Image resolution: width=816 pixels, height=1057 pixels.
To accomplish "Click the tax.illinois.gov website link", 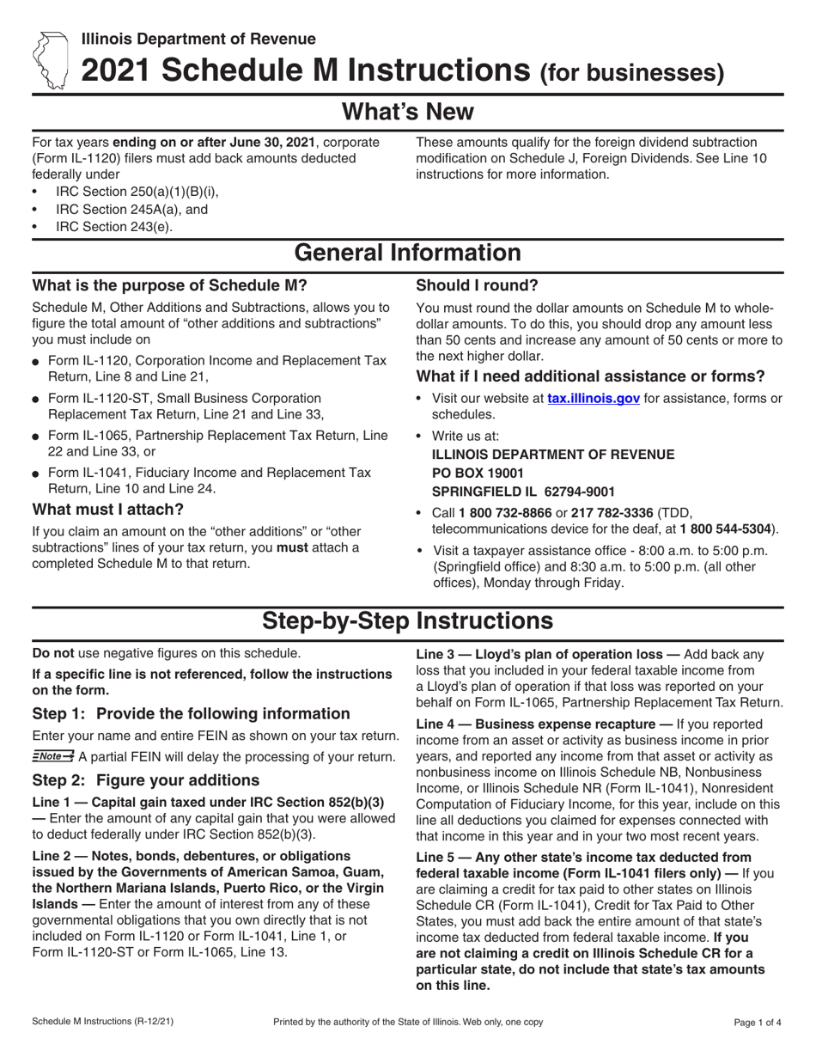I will (x=594, y=399).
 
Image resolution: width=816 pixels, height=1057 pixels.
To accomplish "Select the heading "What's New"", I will (x=408, y=112).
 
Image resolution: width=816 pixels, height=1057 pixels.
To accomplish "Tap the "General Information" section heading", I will (x=408, y=253).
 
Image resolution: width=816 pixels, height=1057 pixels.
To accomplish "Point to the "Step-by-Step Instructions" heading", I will (x=408, y=620).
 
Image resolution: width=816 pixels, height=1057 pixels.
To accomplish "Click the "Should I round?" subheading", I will (x=478, y=285).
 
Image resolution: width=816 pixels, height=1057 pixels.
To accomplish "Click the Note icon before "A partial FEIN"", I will (x=53, y=756).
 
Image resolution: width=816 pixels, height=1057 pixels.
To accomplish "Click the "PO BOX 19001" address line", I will (x=477, y=473).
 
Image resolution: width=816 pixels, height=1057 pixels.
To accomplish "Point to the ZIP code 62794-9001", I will (x=574, y=492).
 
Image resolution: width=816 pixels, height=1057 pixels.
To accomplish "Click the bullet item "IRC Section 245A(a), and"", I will (x=131, y=209).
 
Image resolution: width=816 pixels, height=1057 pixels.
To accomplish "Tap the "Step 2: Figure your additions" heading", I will (x=145, y=780).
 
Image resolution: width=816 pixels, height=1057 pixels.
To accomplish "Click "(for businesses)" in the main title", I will (x=630, y=74).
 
